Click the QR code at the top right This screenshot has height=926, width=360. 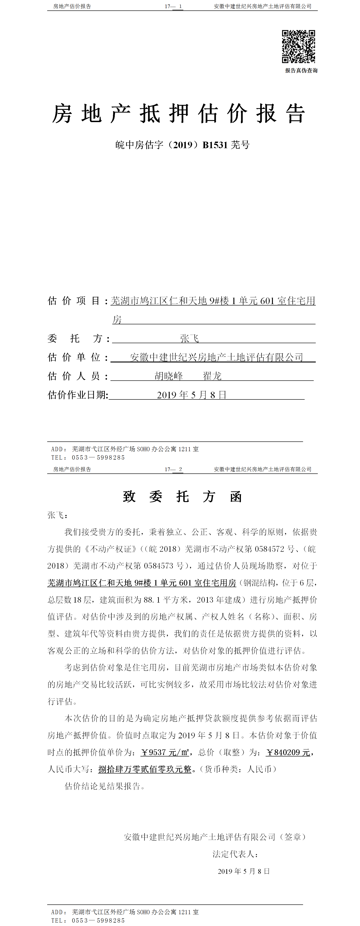click(x=298, y=46)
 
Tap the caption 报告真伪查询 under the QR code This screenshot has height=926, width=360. click(x=301, y=70)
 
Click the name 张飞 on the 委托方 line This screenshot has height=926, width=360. click(x=189, y=338)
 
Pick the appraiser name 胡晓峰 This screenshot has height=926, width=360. click(x=169, y=376)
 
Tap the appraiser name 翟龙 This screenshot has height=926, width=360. click(x=212, y=376)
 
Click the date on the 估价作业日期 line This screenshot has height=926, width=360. click(x=191, y=395)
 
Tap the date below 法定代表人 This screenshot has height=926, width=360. click(x=244, y=871)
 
